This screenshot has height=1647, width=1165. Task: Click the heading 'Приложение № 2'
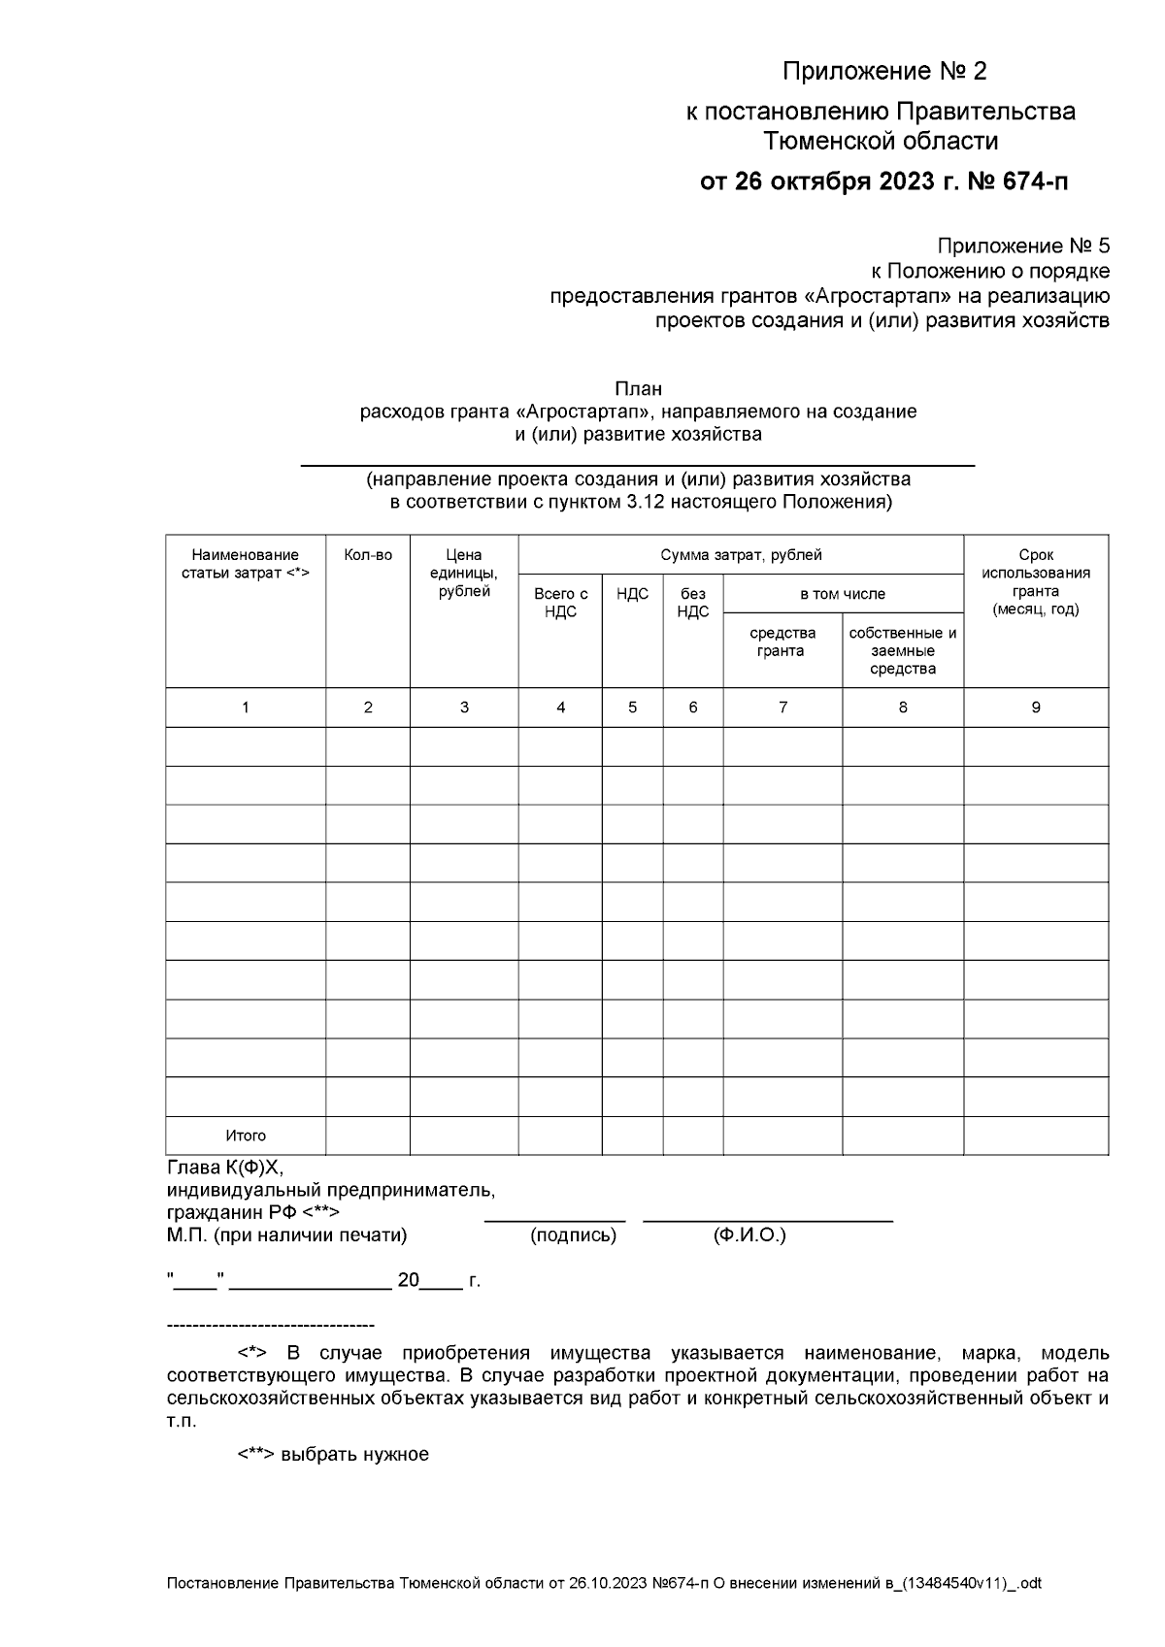coord(884,72)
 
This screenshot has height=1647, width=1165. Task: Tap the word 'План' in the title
coord(638,389)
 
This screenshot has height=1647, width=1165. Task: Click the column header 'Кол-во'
coord(368,555)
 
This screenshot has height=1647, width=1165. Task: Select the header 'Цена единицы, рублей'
coord(464,573)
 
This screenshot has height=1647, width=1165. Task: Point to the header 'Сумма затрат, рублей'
coord(741,555)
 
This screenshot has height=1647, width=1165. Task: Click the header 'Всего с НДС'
coord(560,602)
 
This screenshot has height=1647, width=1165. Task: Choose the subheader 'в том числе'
coord(842,594)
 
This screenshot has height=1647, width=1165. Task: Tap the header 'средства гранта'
coord(782,642)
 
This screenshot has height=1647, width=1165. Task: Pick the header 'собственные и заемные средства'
coord(903,650)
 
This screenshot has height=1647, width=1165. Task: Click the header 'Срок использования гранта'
coord(1036,581)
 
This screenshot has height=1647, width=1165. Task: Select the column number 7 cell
coord(782,708)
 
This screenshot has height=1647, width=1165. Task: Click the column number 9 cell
coord(1036,708)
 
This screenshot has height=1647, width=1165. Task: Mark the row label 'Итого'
coord(246,1136)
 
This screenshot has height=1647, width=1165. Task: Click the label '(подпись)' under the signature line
coord(573,1235)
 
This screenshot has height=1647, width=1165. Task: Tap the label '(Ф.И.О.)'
coord(749,1235)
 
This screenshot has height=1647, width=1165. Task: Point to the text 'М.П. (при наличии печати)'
coord(286,1235)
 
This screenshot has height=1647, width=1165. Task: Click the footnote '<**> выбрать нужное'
coord(333,1455)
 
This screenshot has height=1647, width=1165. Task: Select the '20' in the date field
coord(408,1281)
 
